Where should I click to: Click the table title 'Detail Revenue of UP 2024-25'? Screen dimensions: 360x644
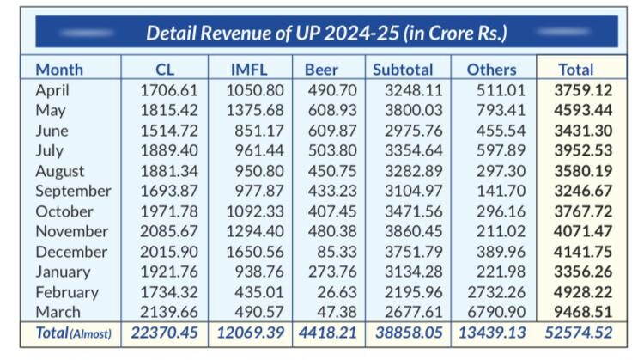pyautogui.click(x=326, y=34)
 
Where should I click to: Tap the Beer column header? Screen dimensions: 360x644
pyautogui.click(x=321, y=70)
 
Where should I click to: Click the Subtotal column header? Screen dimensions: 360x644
pyautogui.click(x=403, y=70)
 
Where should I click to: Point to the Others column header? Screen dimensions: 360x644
pyautogui.click(x=491, y=70)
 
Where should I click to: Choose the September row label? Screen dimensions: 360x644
pyautogui.click(x=73, y=191)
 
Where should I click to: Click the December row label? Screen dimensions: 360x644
pyautogui.click(x=71, y=252)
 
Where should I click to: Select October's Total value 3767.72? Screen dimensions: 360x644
pyautogui.click(x=583, y=211)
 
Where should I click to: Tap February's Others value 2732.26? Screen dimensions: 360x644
pyautogui.click(x=495, y=292)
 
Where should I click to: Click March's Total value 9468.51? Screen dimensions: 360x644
pyautogui.click(x=583, y=312)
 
